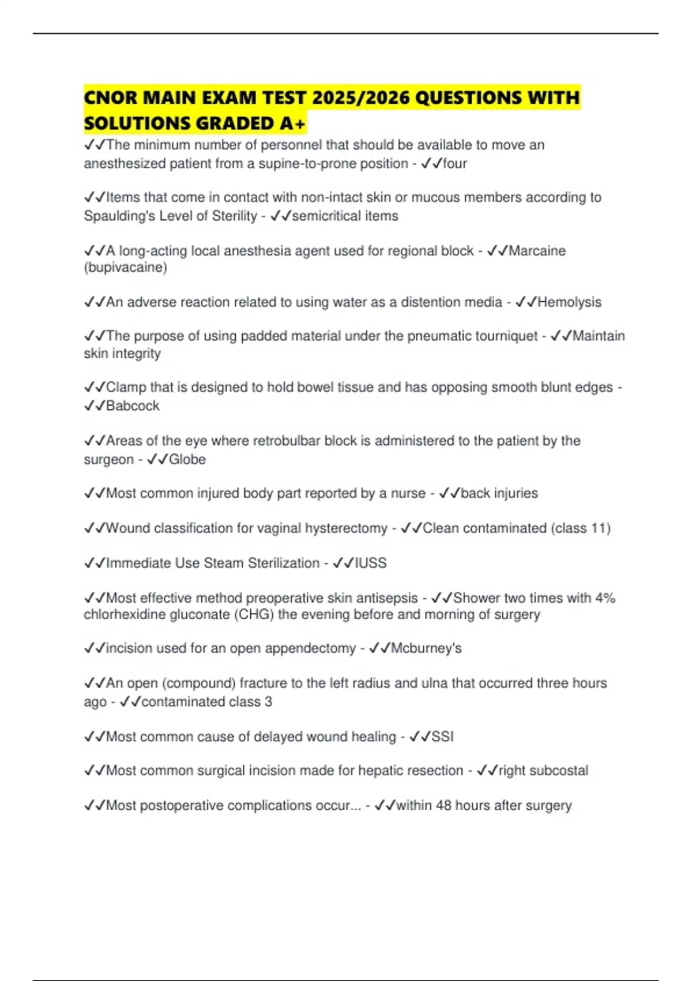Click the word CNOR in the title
(110, 98)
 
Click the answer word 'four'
(454, 164)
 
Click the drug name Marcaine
(537, 251)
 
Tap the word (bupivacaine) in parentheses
(126, 268)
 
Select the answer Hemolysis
(569, 302)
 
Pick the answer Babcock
(133, 406)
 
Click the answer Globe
(187, 459)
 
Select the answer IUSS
(370, 563)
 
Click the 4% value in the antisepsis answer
(605, 598)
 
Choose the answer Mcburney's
(426, 649)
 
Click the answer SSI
(442, 737)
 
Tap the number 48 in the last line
(443, 806)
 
